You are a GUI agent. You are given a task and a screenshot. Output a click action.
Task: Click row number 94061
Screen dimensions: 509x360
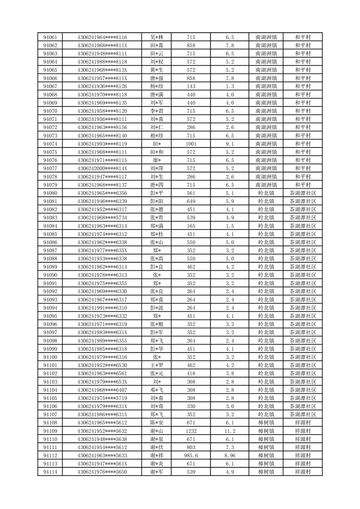tap(50, 37)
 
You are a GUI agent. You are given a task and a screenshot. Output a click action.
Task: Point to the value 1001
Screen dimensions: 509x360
tap(191, 144)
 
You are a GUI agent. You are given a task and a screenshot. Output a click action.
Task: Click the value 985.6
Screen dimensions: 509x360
tap(191, 455)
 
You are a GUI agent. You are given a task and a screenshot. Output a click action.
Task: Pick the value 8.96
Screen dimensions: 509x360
tap(229, 455)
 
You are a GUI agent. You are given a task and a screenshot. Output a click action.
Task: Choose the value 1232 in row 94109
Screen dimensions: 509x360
tap(191, 431)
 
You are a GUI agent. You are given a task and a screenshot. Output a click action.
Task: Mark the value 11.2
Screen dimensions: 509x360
tap(229, 431)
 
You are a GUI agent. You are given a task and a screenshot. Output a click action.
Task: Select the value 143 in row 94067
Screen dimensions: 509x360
tap(191, 86)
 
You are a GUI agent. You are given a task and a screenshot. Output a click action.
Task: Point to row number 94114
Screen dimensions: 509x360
tap(50, 472)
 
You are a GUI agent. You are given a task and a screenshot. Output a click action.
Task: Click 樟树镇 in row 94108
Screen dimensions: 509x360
tap(266, 423)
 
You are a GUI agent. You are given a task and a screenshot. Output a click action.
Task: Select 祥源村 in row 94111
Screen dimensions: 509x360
tap(302, 447)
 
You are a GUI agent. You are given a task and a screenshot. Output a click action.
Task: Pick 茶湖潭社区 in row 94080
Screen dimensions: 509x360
tap(302, 193)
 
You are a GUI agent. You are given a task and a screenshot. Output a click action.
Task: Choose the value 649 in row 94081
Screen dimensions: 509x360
tap(191, 201)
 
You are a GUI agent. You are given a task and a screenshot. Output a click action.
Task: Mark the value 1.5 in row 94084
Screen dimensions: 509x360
tap(229, 226)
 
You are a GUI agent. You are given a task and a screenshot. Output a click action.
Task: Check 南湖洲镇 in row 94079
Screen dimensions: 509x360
tap(266, 185)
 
